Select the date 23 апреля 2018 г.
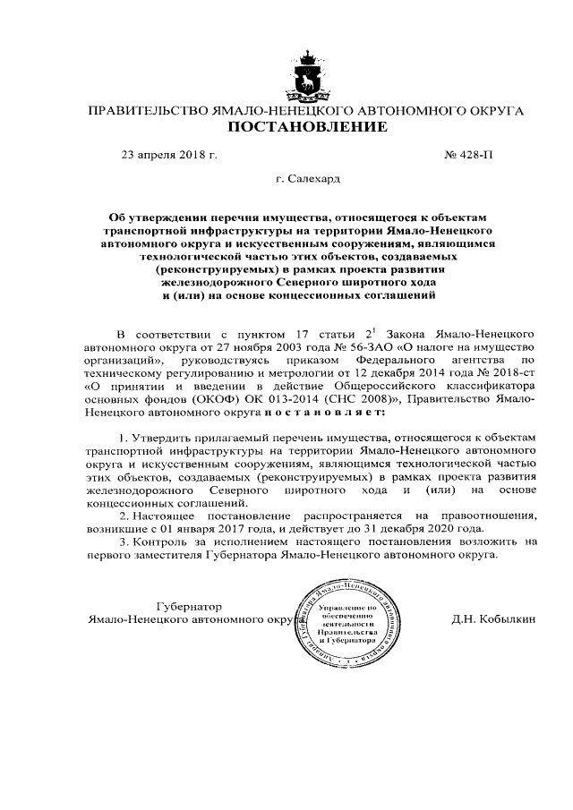point(169,154)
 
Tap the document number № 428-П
point(467,154)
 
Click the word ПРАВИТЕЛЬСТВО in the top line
point(143,110)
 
